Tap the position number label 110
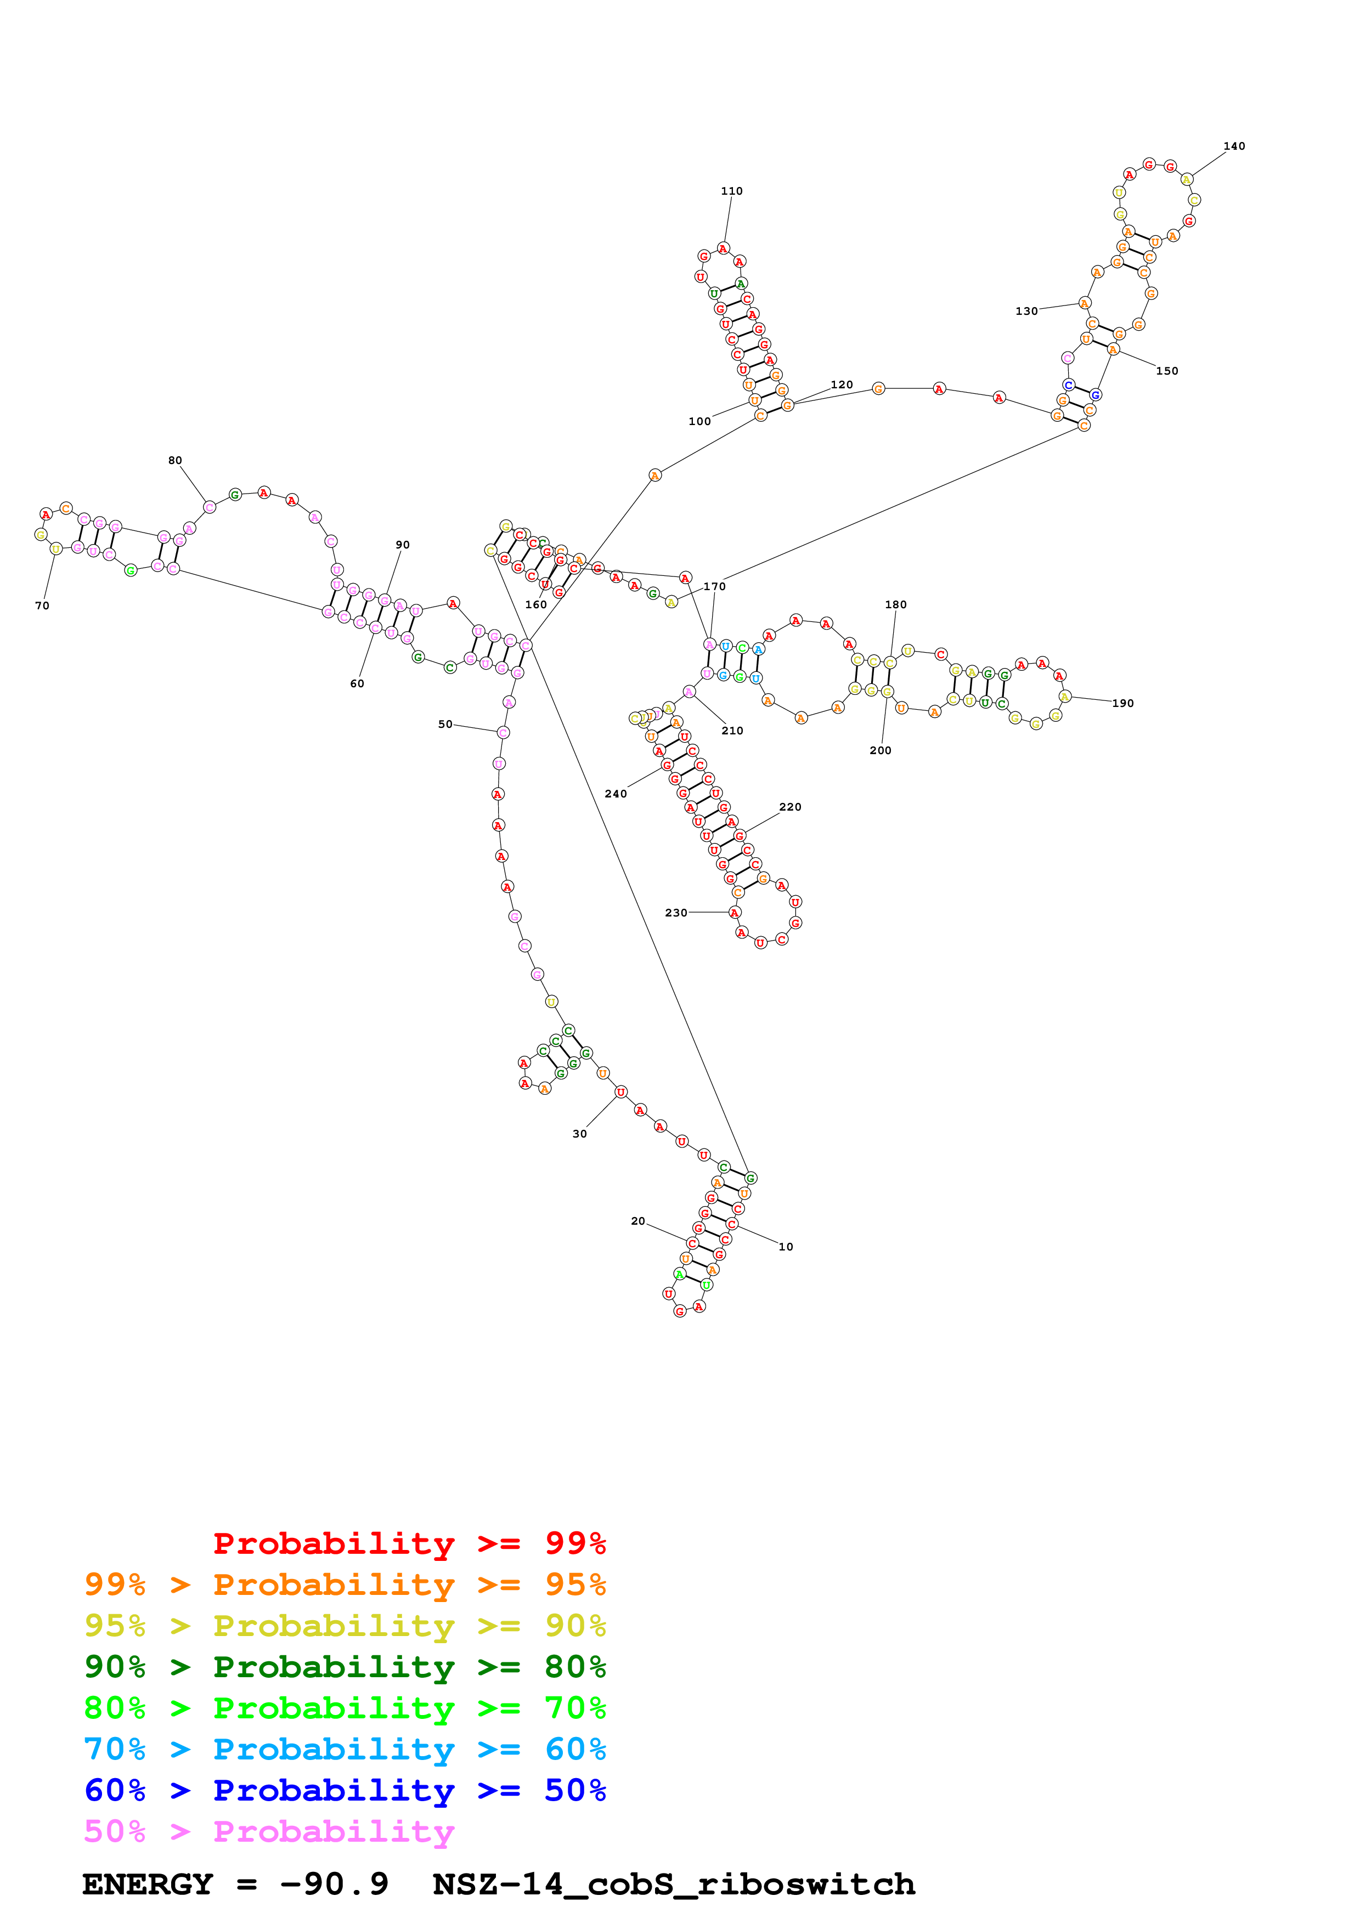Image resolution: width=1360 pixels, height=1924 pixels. [x=731, y=191]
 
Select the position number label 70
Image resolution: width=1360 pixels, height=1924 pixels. [x=42, y=606]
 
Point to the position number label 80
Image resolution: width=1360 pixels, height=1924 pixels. [x=175, y=461]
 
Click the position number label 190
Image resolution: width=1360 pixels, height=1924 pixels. [x=1123, y=704]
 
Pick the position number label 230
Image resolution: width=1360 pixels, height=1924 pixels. [x=676, y=913]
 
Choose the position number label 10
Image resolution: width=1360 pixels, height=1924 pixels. [x=786, y=1247]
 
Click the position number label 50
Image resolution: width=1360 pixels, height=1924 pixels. [x=445, y=724]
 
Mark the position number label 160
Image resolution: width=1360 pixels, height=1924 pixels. [x=535, y=605]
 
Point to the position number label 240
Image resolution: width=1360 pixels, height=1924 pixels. [x=616, y=794]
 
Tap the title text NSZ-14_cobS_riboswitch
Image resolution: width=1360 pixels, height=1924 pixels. [x=674, y=1885]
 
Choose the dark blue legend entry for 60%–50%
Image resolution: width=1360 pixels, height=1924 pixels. [x=345, y=1791]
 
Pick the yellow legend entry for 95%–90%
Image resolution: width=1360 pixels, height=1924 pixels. [x=345, y=1626]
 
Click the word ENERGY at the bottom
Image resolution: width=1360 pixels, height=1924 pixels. [x=148, y=1885]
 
